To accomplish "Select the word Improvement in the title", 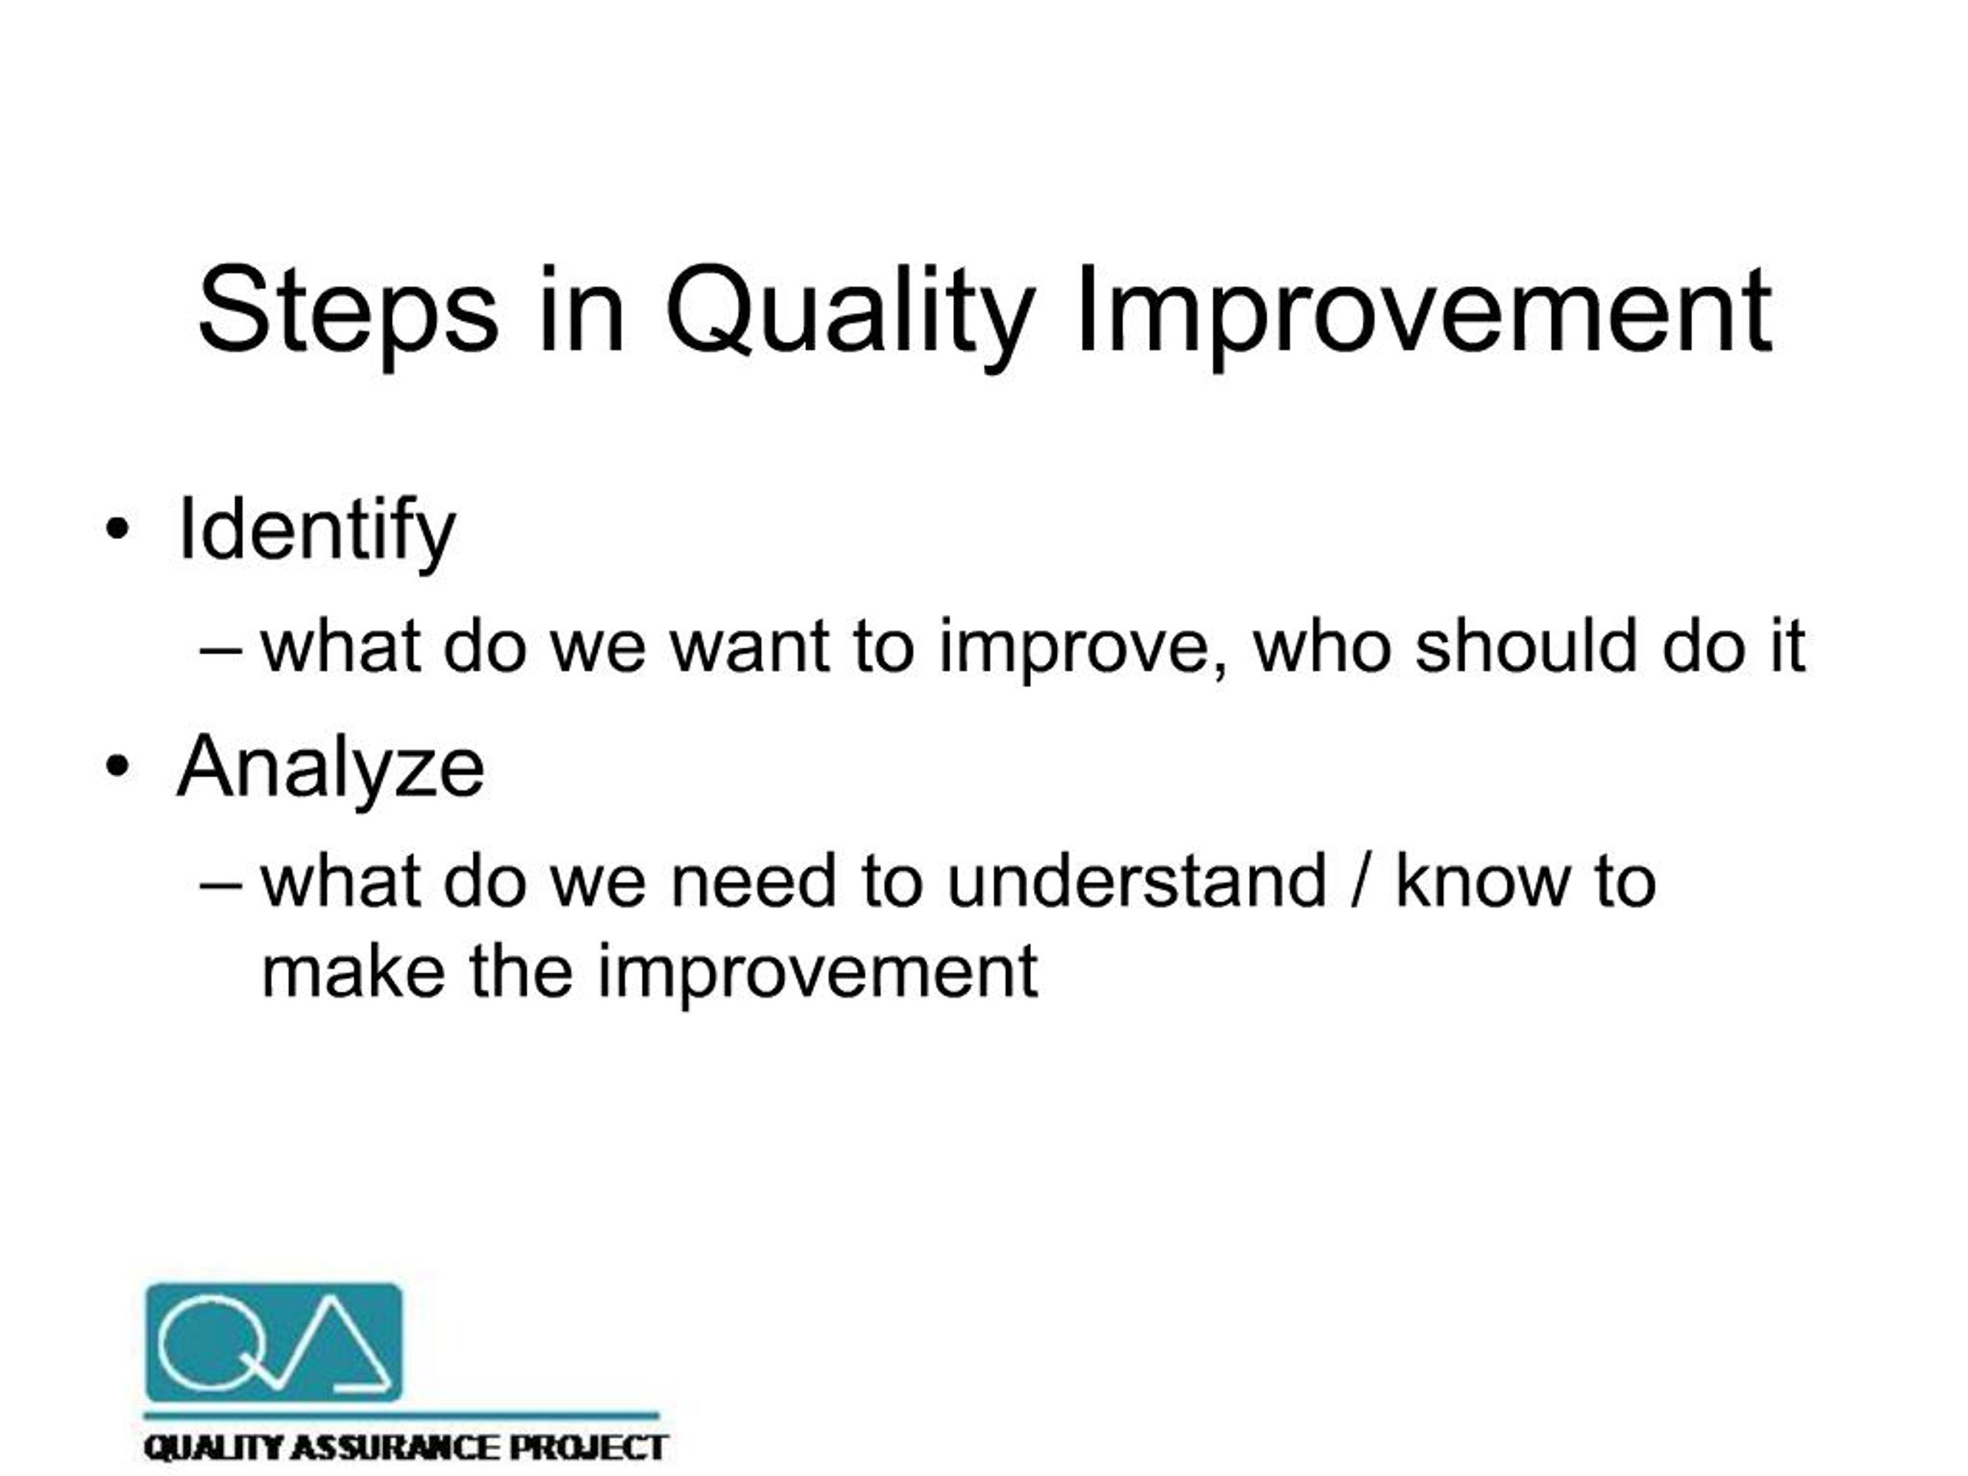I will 1424,311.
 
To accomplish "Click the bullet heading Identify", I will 317,532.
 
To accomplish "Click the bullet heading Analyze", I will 331,767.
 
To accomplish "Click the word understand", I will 1136,882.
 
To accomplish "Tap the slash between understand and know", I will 1358,882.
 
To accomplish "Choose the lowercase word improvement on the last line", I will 816,974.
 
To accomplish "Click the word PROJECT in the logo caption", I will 587,1448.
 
